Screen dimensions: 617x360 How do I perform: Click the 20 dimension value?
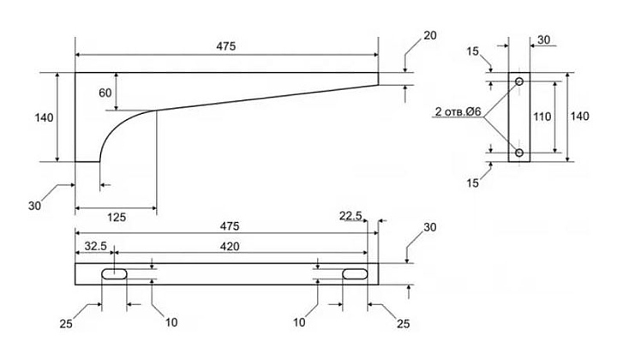pos(430,35)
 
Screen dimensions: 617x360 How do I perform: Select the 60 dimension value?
pos(105,93)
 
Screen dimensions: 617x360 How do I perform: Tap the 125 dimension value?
pos(117,217)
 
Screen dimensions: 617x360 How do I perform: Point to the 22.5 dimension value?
pos(350,216)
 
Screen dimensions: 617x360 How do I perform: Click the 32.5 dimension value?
pos(96,246)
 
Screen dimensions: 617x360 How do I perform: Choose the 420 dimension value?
pos(230,246)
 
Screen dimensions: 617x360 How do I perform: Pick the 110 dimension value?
pos(542,117)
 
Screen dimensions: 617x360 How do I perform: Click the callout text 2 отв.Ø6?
pos(458,111)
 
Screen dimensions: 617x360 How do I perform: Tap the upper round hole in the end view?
pos(519,81)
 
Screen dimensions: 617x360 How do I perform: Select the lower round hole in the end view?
pos(519,153)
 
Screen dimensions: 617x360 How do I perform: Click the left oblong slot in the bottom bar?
pos(115,273)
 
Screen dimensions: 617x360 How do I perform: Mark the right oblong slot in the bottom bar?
pos(355,273)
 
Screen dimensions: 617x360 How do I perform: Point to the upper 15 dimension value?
pos(473,51)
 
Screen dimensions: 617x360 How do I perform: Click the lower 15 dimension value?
pos(473,183)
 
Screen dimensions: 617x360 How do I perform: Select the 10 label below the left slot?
pos(171,322)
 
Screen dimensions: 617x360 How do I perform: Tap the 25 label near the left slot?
pos(66,324)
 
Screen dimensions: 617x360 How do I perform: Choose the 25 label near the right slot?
pos(403,324)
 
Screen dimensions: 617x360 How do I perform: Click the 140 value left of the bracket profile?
pos(44,117)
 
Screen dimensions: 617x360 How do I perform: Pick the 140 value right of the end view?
pos(580,117)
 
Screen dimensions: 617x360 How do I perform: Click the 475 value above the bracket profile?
pos(226,46)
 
